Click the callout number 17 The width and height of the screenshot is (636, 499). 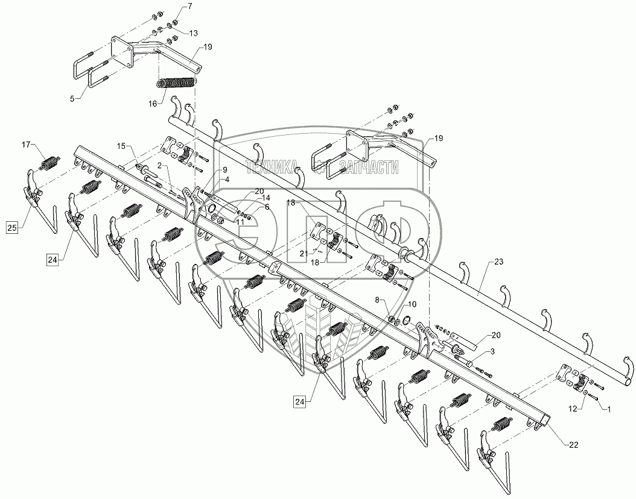pyautogui.click(x=25, y=145)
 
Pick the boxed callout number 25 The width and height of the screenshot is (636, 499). pyautogui.click(x=12, y=227)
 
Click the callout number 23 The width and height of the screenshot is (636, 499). pyautogui.click(x=498, y=263)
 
